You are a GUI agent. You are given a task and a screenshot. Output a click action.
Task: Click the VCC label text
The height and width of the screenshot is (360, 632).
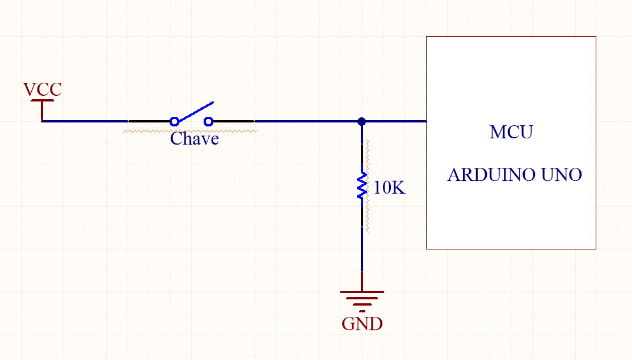point(42,90)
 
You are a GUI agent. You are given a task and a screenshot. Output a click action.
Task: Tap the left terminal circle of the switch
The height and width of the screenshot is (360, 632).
point(175,121)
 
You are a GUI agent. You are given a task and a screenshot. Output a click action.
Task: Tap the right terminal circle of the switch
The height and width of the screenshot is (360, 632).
point(208,121)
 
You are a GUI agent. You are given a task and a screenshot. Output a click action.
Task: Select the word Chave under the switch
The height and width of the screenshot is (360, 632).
point(195,139)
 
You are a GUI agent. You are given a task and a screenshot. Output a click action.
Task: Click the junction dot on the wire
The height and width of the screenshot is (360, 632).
point(362,121)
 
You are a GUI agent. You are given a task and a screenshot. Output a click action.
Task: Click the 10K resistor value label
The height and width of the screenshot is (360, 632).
point(390,188)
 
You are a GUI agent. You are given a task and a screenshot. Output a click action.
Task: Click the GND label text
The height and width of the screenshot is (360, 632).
point(362,324)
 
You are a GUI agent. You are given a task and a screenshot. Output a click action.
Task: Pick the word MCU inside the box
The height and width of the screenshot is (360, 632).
point(511,133)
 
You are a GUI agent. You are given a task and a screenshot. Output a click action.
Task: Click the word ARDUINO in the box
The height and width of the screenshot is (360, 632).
point(491,175)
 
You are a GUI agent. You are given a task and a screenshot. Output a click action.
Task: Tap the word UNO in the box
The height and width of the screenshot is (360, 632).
point(562,175)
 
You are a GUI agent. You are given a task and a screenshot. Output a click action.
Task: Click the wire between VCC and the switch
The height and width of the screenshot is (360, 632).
point(85,121)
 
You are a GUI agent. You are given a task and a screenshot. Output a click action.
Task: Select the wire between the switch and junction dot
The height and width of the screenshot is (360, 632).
point(306,121)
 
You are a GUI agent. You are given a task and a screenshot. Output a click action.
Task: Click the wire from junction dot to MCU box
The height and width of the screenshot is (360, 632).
point(394,121)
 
